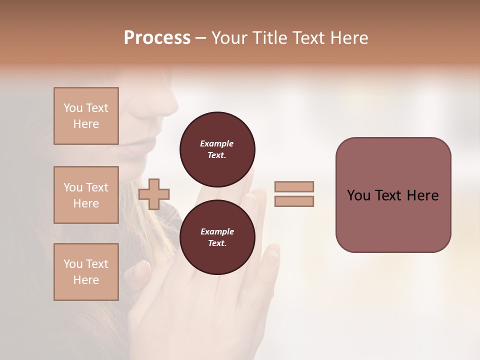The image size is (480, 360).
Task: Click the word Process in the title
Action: click(x=157, y=38)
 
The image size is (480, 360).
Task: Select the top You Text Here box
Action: click(x=86, y=116)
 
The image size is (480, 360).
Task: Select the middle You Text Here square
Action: click(x=86, y=195)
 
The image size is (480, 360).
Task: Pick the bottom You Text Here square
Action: click(x=86, y=271)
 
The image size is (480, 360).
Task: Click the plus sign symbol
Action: click(x=154, y=194)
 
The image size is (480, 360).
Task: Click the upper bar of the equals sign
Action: click(x=294, y=186)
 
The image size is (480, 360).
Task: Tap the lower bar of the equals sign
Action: click(x=294, y=201)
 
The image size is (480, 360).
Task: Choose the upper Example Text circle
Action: click(x=217, y=149)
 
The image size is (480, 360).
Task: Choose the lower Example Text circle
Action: click(x=217, y=237)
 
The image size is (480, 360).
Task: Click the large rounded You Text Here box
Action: click(x=393, y=194)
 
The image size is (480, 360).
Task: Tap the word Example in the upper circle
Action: click(x=217, y=143)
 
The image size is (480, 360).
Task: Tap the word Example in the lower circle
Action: click(x=217, y=231)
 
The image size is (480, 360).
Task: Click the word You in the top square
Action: click(x=72, y=108)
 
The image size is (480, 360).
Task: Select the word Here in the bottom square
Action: click(x=86, y=280)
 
